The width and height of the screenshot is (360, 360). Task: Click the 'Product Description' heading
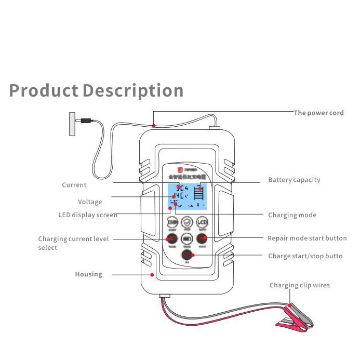96,90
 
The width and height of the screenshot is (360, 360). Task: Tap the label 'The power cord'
318,113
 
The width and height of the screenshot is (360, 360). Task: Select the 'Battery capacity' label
294,180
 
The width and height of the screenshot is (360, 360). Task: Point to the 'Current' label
74,185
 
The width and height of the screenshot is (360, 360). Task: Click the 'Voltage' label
90,202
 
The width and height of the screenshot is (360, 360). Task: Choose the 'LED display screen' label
87,215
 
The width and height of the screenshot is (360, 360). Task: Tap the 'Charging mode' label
292,215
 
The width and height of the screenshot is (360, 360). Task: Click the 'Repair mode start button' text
307,238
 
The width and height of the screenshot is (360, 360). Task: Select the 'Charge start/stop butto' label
305,256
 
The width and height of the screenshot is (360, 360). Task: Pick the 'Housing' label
88,274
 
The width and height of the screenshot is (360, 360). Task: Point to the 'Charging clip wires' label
299,285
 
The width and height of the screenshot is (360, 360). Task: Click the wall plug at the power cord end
72,124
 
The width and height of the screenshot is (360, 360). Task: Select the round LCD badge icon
203,223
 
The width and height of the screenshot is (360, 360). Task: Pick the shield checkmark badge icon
187,223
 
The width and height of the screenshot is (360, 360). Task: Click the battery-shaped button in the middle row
187,239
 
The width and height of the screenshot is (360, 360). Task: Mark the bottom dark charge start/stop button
187,255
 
